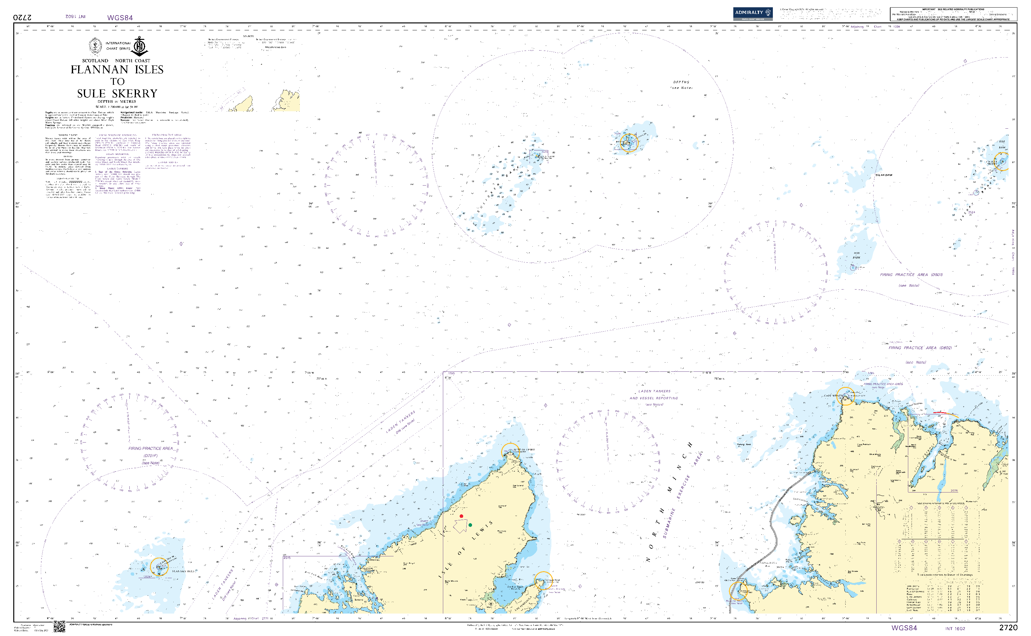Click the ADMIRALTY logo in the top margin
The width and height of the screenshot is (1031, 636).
tap(753, 13)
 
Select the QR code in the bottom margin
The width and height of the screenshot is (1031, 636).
tap(59, 626)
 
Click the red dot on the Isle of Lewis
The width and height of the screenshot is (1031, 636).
tap(461, 516)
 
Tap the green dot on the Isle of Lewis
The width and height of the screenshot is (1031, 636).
tap(470, 525)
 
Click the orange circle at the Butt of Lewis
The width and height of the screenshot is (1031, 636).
tap(510, 452)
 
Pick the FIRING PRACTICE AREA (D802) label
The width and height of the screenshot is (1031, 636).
tap(920, 348)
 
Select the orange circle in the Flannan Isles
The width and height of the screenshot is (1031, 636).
tap(159, 566)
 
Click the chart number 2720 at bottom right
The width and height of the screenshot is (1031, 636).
tap(1008, 627)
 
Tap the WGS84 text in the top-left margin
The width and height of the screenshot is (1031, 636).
tap(120, 18)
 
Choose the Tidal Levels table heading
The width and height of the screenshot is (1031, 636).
tap(945, 575)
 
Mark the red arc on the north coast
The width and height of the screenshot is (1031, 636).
tap(946, 413)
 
